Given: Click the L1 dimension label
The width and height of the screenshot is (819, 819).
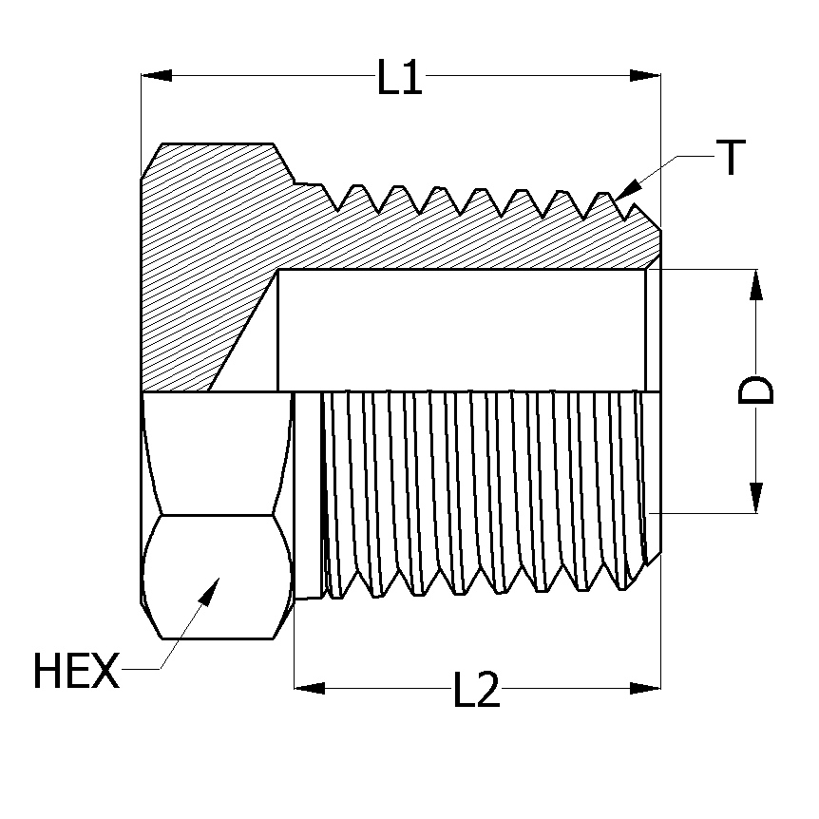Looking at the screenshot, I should [x=399, y=77].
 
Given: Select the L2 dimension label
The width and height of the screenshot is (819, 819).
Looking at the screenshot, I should [x=476, y=690].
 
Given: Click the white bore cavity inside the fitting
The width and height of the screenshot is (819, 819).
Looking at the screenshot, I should [x=461, y=330].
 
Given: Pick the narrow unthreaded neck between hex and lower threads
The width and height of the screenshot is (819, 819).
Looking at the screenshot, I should [x=308, y=494].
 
